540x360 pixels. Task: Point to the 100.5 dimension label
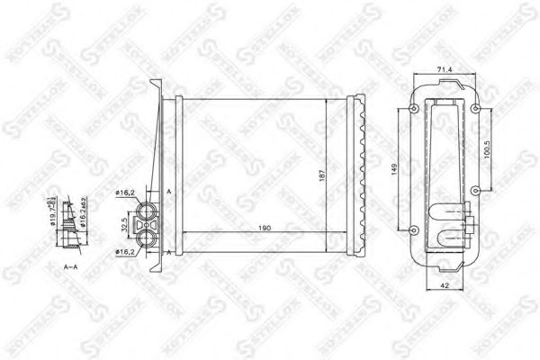[486, 148]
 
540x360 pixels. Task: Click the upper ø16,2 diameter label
[125, 193]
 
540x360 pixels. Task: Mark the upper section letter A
[169, 191]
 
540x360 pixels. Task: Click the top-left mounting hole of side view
[413, 109]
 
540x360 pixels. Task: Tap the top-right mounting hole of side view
[472, 109]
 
